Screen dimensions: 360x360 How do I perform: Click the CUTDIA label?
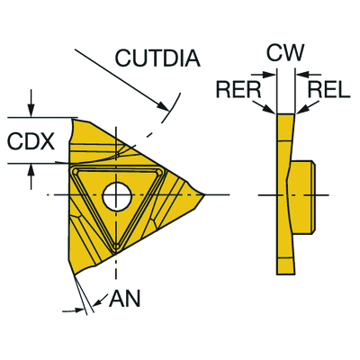[157, 58]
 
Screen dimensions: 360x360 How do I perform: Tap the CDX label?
[31, 141]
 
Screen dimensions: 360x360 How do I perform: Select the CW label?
[285, 52]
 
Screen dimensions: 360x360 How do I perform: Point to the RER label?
[238, 90]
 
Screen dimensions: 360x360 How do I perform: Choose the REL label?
[329, 90]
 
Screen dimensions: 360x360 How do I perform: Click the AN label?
[124, 299]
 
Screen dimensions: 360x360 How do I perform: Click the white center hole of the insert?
[117, 196]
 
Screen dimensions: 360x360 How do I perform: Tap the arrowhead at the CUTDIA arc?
[163, 106]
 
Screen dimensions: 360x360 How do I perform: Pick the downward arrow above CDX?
[31, 103]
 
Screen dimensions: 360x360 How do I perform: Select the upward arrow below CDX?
[31, 177]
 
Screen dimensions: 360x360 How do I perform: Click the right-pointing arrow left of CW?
[263, 74]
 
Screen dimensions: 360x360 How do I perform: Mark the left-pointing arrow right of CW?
[309, 74]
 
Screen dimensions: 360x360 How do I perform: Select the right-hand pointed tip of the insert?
[205, 195]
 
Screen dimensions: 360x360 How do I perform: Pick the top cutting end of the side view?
[285, 115]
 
